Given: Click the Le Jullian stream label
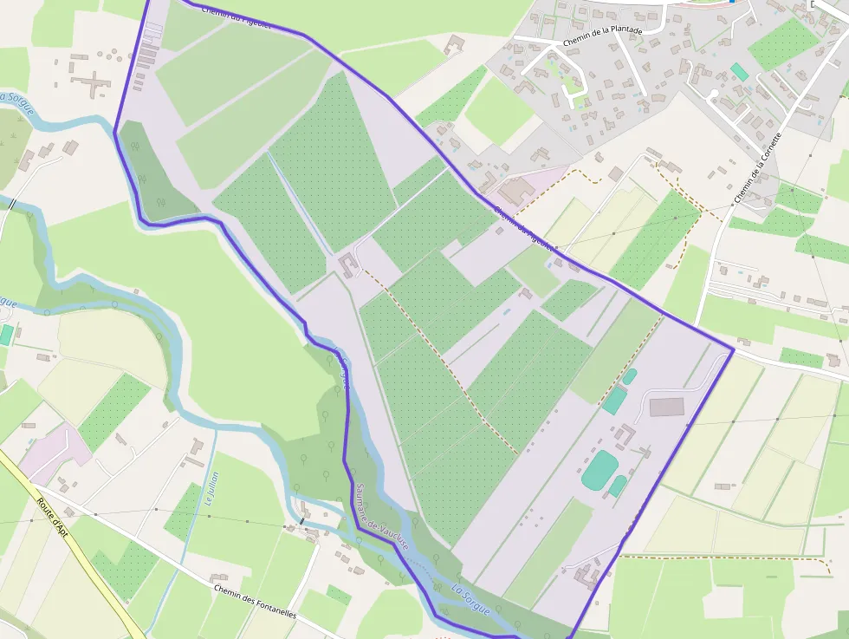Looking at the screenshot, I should (x=211, y=488).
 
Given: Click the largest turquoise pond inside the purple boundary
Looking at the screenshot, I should (x=599, y=469).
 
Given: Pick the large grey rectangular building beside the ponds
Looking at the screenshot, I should (x=666, y=407).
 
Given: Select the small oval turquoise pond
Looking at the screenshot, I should (x=630, y=376).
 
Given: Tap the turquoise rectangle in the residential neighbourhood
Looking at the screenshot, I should (x=739, y=72).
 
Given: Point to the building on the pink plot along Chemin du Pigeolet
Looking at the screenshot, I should (x=517, y=190).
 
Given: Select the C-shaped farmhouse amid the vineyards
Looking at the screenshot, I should (x=348, y=264).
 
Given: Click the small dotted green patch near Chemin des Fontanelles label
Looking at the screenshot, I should (x=339, y=596).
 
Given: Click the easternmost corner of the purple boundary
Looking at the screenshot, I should (x=734, y=350).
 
